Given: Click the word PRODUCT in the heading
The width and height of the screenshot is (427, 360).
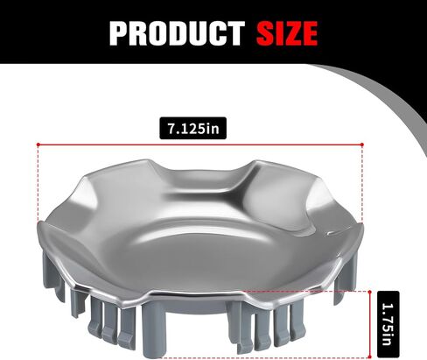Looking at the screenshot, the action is click(x=177, y=33).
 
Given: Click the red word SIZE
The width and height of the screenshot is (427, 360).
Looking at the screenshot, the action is click(x=287, y=33).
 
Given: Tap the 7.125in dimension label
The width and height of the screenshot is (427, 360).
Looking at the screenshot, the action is click(x=192, y=128).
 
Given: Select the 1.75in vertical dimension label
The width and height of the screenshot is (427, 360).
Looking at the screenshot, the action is click(x=388, y=324).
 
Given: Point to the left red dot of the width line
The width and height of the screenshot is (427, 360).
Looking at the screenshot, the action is click(x=38, y=145).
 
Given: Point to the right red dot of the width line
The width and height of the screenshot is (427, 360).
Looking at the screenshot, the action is click(x=362, y=145).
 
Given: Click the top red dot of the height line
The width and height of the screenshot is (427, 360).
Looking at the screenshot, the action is click(x=369, y=292).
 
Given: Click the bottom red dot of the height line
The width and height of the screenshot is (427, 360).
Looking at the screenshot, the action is click(x=369, y=356).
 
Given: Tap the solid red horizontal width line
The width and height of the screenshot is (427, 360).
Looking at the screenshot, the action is click(x=200, y=145).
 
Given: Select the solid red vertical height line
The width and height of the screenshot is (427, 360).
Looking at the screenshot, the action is click(x=369, y=324).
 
